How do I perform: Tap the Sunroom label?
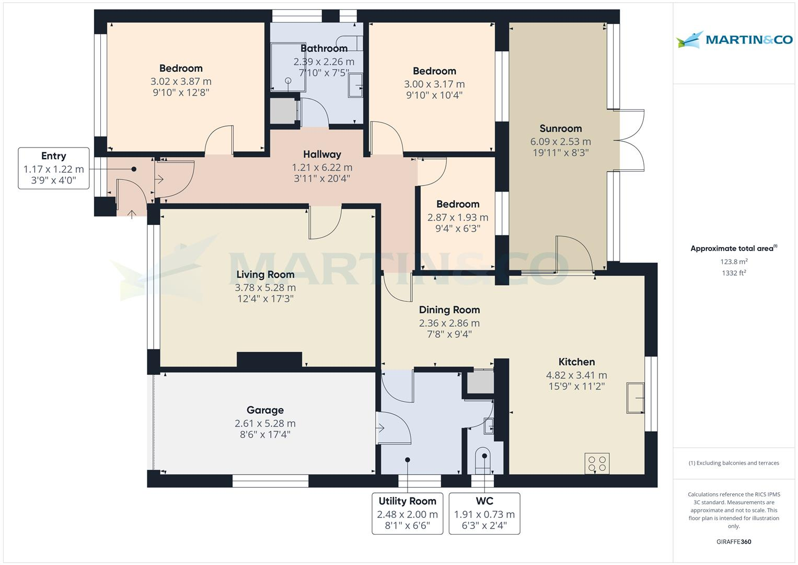pos(560,129)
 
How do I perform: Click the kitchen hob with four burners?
pos(597,464)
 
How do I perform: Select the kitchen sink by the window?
pos(635,398)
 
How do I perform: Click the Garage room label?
pos(265,411)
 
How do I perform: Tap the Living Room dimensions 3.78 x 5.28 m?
pos(265,288)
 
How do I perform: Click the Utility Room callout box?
pos(407,513)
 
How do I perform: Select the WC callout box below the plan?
pos(484,513)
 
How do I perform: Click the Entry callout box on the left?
pos(53,168)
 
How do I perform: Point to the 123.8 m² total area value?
pos(734,262)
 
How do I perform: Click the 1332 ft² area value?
pos(734,273)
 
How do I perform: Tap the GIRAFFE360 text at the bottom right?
pos(734,541)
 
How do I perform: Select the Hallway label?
pos(322,154)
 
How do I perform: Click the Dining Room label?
pos(449,310)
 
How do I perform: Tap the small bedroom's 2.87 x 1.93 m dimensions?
pos(458,217)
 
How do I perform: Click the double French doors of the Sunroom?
pos(631,140)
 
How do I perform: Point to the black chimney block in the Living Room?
pos(269,359)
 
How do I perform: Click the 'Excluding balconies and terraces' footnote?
pos(734,463)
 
